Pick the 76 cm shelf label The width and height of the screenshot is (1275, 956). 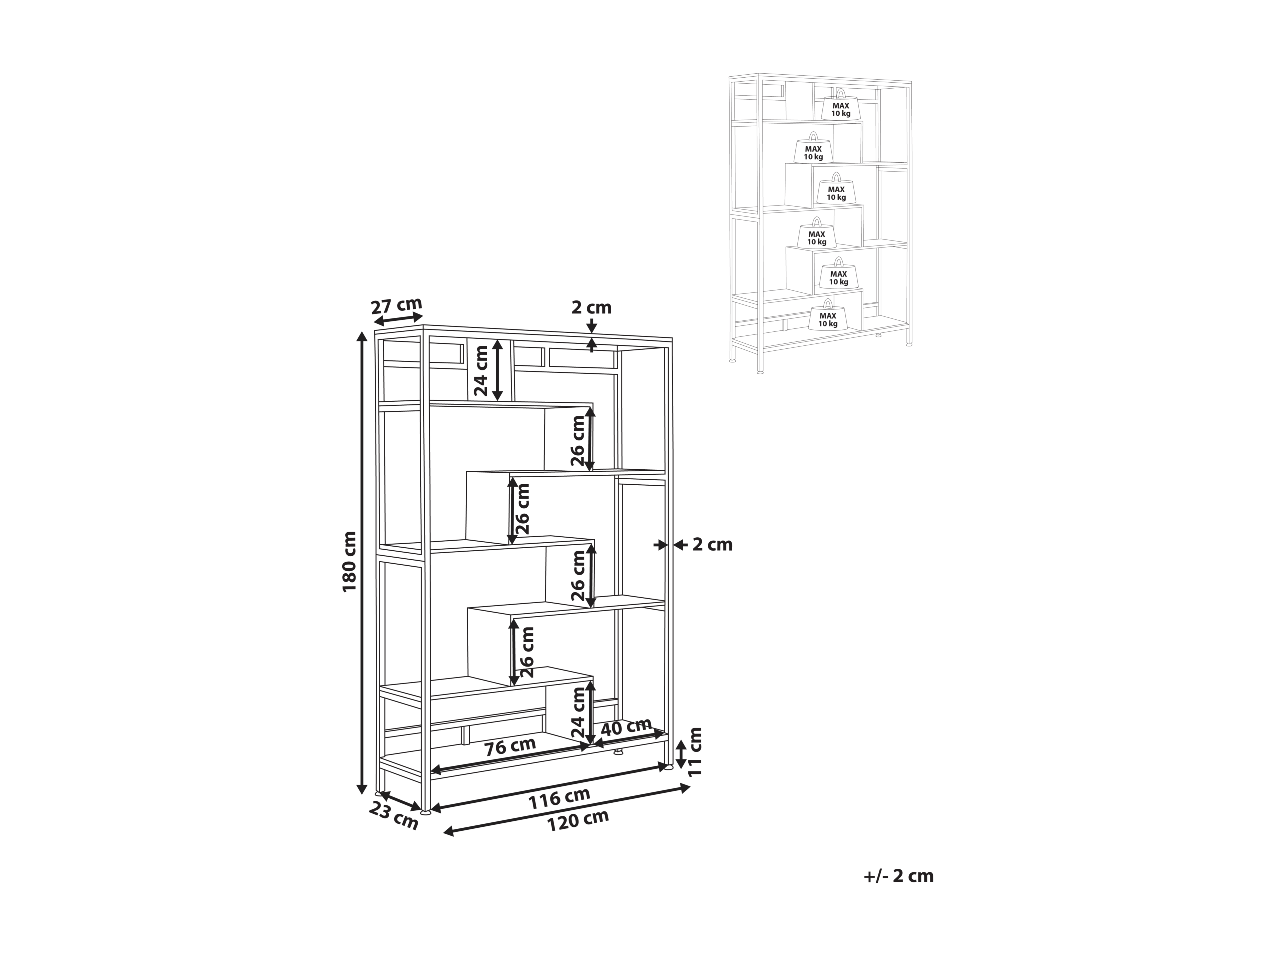pyautogui.click(x=510, y=747)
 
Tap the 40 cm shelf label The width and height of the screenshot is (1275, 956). pyautogui.click(x=626, y=727)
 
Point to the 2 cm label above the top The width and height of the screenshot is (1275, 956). pyautogui.click(x=592, y=308)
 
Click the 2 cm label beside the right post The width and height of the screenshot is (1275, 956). pyautogui.click(x=712, y=545)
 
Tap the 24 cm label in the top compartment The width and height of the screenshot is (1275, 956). pyautogui.click(x=481, y=370)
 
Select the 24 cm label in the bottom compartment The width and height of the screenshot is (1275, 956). pyautogui.click(x=578, y=714)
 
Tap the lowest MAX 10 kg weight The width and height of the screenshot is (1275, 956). pyautogui.click(x=828, y=315)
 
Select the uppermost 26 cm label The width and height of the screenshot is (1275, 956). pyautogui.click(x=578, y=441)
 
